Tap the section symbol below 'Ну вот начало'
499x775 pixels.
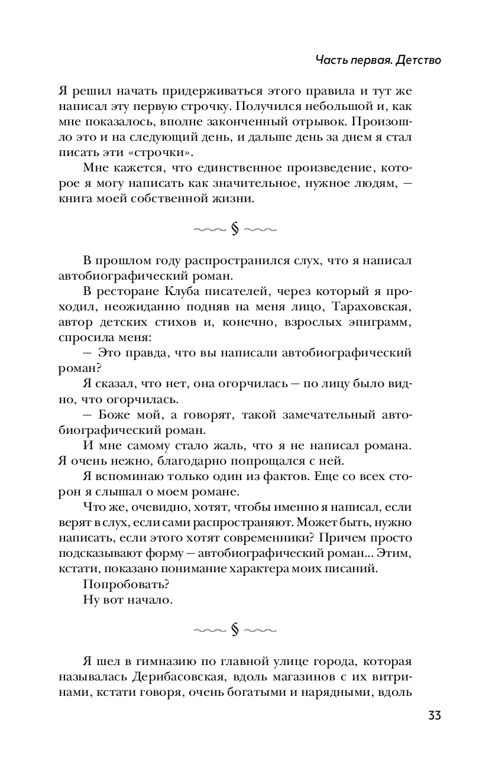coord(235,630)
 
